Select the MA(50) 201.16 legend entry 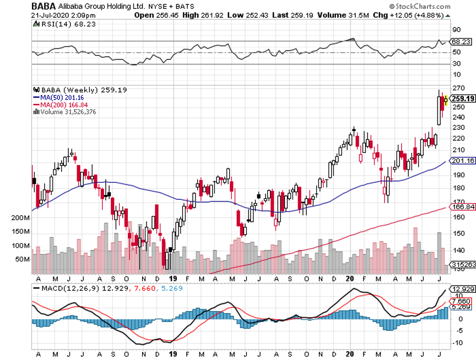coord(57,97)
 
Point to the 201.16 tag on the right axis coord(462,161)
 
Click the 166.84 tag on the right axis coord(462,207)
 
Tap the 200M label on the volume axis coord(20,218)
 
